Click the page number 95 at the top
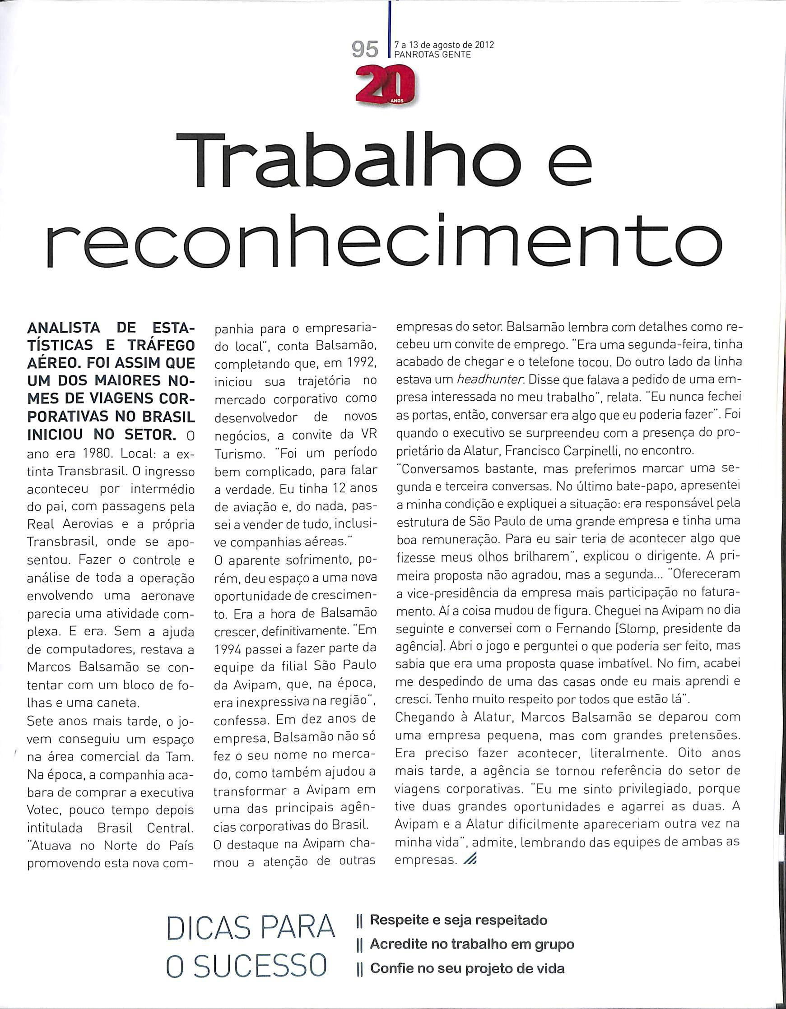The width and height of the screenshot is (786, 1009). pyautogui.click(x=365, y=50)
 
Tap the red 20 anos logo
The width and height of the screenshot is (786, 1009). pyautogui.click(x=385, y=86)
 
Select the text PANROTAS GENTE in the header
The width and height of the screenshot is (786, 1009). pyautogui.click(x=432, y=55)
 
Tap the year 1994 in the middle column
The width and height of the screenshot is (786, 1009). pyautogui.click(x=230, y=649)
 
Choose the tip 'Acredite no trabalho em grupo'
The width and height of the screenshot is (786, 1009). pyautogui.click(x=471, y=931)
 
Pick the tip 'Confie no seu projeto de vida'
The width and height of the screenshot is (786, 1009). pyautogui.click(x=467, y=955)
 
